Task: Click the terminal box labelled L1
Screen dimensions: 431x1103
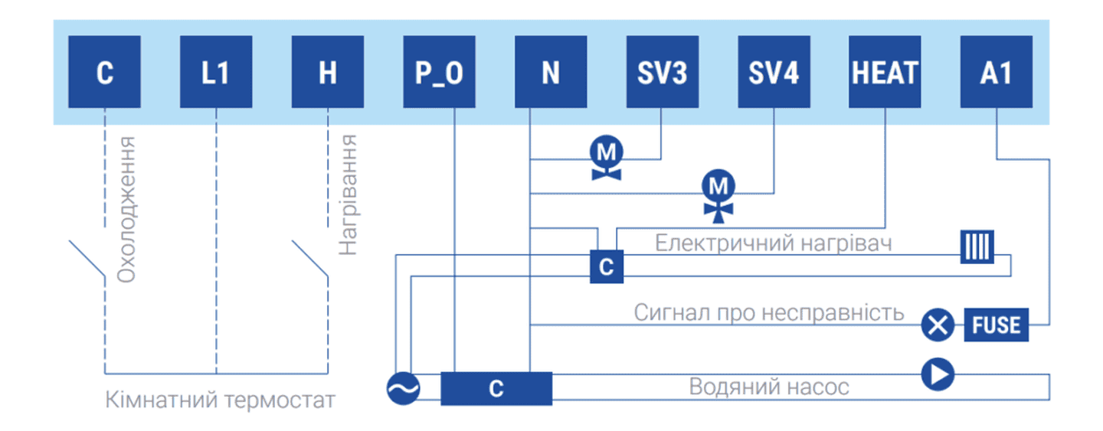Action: point(216,72)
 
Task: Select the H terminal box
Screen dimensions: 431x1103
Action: point(328,72)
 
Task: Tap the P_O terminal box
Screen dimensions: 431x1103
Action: point(440,72)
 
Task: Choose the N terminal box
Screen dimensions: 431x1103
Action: point(551,72)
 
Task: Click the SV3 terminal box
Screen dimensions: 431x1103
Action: point(663,72)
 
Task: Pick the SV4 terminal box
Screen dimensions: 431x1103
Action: point(774,72)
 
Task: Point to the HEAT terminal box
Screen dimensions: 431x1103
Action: point(885,72)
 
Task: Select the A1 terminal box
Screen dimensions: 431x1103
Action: point(997,72)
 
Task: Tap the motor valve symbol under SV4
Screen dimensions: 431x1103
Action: point(718,194)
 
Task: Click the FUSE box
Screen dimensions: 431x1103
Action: point(997,325)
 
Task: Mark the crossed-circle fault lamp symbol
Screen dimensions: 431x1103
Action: point(938,325)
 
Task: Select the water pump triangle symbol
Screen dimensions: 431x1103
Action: point(938,374)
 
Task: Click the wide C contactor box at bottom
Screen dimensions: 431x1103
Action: point(496,388)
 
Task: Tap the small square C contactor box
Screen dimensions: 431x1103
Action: point(606,267)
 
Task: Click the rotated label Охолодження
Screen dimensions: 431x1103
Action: point(126,209)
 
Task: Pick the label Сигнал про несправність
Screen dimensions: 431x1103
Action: point(769,313)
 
